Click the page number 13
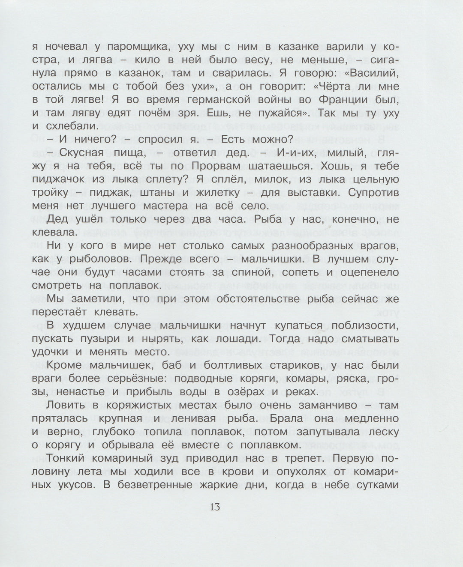[215, 507]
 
